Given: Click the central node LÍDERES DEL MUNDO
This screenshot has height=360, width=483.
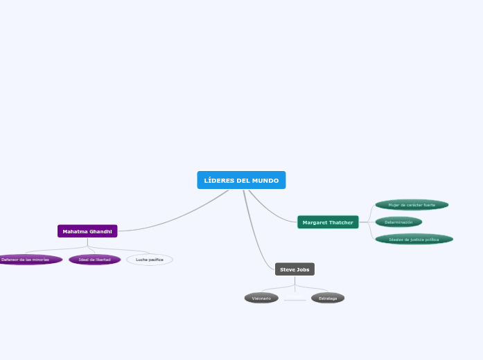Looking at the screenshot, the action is (241, 181).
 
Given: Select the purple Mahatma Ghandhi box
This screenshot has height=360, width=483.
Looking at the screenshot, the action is (87, 231).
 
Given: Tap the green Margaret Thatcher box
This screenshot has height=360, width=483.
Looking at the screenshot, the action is (328, 222).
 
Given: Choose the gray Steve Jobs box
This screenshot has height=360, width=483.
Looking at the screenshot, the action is (295, 269).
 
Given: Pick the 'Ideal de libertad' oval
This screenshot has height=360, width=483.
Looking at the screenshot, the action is (95, 260).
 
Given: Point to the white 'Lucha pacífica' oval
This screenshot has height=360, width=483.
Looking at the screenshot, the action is (150, 260).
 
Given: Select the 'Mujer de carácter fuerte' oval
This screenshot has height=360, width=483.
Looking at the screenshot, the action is (412, 205).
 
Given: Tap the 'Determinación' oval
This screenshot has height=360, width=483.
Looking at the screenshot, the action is (398, 222).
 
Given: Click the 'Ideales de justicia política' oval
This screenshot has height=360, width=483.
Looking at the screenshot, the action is (414, 240).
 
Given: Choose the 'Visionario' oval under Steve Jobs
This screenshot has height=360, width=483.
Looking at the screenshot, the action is (261, 298).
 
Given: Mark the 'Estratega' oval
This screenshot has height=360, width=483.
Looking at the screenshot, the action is (328, 298).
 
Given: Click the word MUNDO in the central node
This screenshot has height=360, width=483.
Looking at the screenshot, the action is (265, 181).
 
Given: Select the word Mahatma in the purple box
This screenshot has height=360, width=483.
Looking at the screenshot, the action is (75, 231).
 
